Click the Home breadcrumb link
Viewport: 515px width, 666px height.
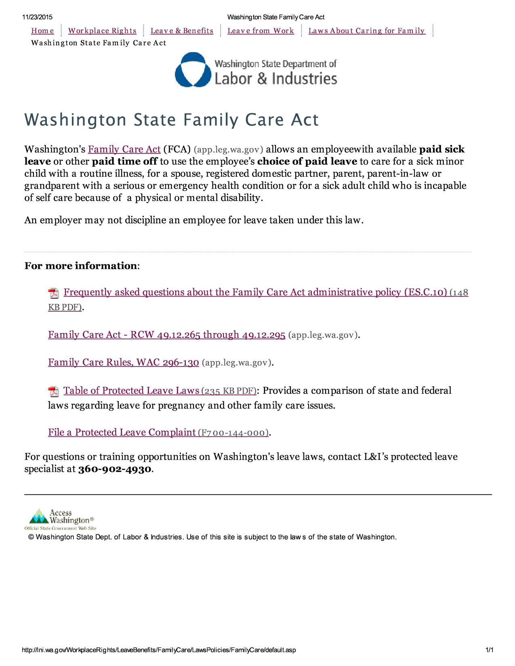point(42,31)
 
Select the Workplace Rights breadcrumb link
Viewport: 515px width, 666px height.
point(102,31)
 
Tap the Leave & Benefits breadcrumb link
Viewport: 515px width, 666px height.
point(182,31)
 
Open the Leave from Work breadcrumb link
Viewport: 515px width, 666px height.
point(261,31)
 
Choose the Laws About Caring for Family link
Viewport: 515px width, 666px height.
point(367,31)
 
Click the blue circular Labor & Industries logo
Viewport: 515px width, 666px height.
point(193,69)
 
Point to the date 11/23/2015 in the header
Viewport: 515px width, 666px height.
point(38,17)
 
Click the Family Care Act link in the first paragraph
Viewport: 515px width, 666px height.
point(124,149)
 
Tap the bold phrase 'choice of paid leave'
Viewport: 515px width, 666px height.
point(307,161)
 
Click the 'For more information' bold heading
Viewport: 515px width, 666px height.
point(81,266)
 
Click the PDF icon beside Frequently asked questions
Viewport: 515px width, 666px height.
point(53,293)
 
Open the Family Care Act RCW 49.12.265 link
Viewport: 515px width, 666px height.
point(166,335)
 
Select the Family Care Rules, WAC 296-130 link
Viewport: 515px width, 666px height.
point(123,362)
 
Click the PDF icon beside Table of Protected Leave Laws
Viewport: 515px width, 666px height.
point(53,391)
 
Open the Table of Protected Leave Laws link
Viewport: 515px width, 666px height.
point(131,391)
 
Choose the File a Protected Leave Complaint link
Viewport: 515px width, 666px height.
point(122,432)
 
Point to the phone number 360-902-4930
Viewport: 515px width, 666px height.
point(115,469)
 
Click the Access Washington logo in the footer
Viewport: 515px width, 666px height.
point(61,519)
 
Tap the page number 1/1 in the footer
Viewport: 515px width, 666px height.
point(489,650)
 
